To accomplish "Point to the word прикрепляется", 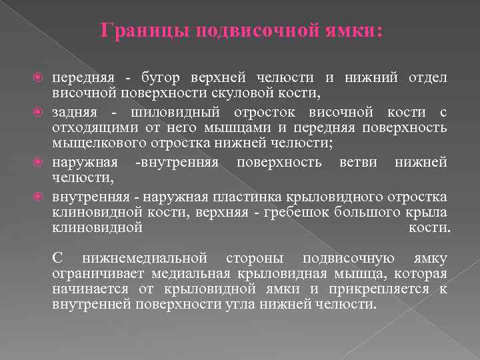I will (x=380, y=289).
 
